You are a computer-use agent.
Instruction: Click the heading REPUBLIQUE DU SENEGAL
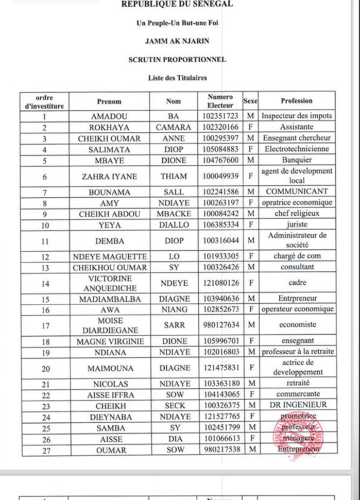pyautogui.click(x=177, y=5)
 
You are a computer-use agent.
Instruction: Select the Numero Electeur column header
pyautogui.click(x=220, y=101)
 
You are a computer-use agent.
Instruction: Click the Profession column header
pyautogui.click(x=297, y=101)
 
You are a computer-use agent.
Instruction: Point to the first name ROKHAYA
pyautogui.click(x=109, y=127)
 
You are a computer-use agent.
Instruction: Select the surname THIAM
pyautogui.click(x=174, y=176)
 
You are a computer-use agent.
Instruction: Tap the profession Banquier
pyautogui.click(x=297, y=160)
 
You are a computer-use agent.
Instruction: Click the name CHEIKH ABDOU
pyautogui.click(x=109, y=214)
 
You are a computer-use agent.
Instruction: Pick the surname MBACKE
pyautogui.click(x=174, y=214)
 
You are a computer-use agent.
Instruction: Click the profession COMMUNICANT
pyautogui.click(x=297, y=192)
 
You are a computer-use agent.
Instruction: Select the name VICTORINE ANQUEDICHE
pyautogui.click(x=109, y=283)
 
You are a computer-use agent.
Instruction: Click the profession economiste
pyautogui.click(x=297, y=325)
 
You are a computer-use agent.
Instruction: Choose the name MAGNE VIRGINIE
pyautogui.click(x=109, y=341)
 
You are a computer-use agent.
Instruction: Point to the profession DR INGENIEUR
pyautogui.click(x=297, y=406)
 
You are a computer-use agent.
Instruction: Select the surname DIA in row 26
pyautogui.click(x=174, y=438)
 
